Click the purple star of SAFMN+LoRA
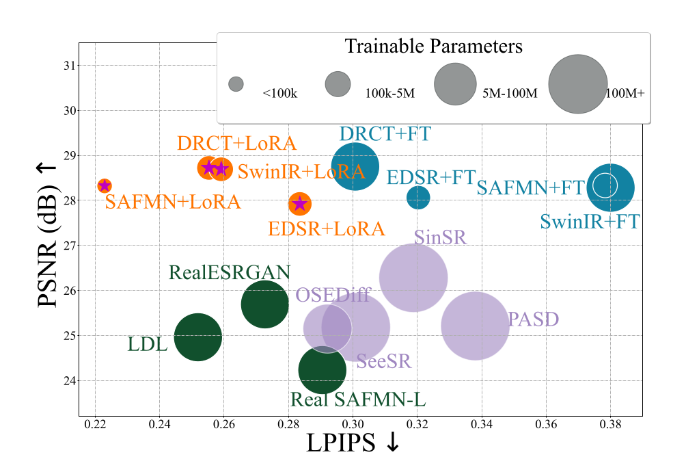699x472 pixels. click(105, 185)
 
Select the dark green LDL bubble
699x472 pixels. click(198, 337)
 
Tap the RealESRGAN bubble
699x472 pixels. click(264, 304)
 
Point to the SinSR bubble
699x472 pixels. click(413, 277)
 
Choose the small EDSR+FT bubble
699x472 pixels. click(418, 198)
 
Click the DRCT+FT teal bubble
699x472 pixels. click(355, 166)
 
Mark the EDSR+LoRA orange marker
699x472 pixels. click(299, 203)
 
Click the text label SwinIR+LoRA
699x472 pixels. click(301, 172)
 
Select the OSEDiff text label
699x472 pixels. click(333, 296)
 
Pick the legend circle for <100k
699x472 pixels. click(236, 84)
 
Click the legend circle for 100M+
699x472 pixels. click(577, 83)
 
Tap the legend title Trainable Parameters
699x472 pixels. click(433, 47)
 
